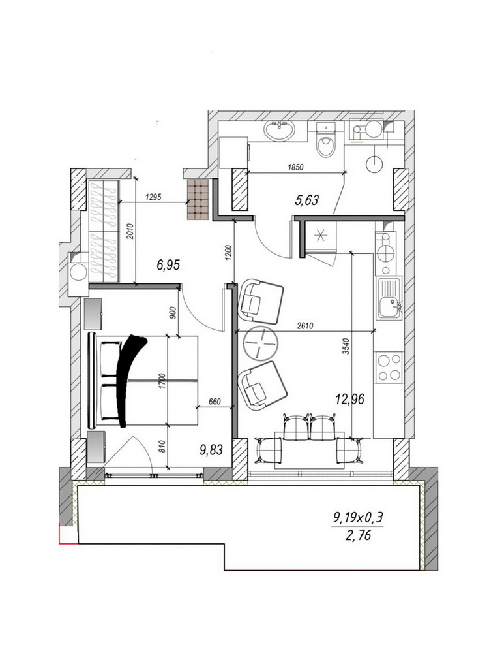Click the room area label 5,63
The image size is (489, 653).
point(306,200)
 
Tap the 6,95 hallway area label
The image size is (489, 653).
point(168,265)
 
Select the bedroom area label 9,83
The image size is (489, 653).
point(211,450)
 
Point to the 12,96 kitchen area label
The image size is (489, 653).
point(349,399)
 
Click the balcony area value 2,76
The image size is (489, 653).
point(358,535)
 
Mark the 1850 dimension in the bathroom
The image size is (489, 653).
point(295,167)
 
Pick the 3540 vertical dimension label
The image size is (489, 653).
point(346,346)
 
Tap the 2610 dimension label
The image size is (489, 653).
point(304,326)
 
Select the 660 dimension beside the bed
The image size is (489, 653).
point(214,402)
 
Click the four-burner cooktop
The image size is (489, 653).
point(389,367)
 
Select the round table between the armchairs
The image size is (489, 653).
point(261,343)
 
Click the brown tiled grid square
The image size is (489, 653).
point(198,199)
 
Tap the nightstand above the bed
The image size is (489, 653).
point(95,313)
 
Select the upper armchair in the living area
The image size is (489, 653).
point(260,302)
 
